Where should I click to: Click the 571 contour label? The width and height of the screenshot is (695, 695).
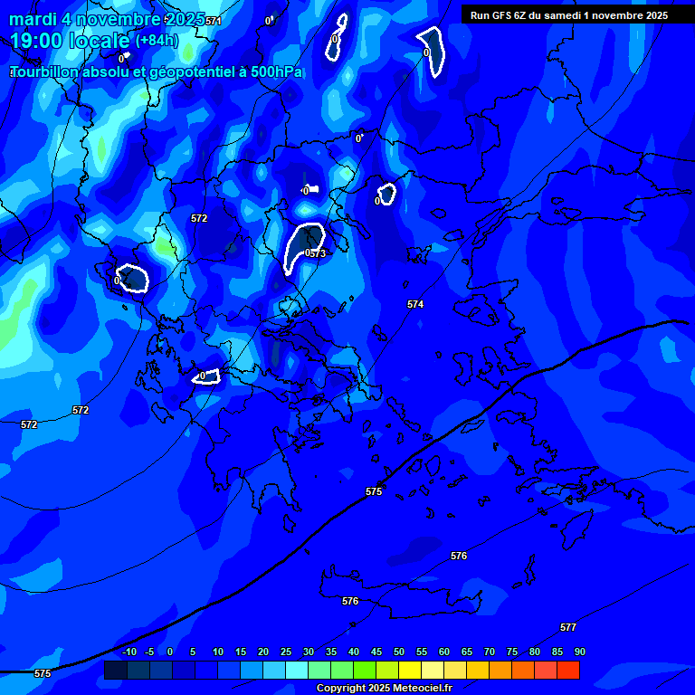tap(213, 21)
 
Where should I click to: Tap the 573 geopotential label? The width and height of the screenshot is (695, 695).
tap(317, 254)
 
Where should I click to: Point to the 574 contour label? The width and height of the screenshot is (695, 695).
tap(415, 305)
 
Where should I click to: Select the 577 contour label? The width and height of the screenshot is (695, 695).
tap(568, 627)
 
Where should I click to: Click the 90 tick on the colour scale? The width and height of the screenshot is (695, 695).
tap(579, 652)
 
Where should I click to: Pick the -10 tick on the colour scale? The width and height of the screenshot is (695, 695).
tap(129, 652)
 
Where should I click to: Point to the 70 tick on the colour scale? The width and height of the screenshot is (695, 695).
tap(490, 652)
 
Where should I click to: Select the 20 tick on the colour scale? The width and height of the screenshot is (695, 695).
tap(263, 652)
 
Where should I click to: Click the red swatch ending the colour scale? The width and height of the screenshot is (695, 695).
tap(568, 670)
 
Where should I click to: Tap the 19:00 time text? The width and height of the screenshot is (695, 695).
tap(36, 40)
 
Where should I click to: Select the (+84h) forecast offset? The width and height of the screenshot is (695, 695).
tap(157, 40)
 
